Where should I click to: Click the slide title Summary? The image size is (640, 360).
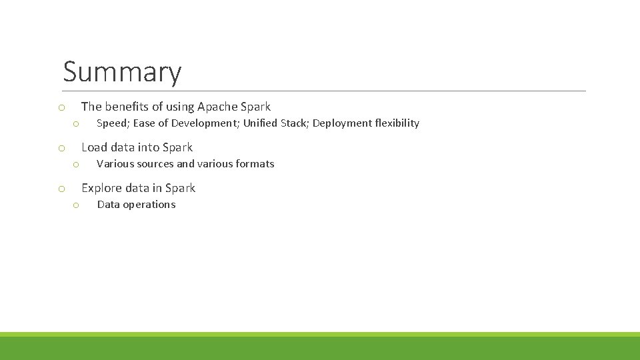pyautogui.click(x=122, y=72)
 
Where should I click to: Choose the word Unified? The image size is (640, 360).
pyautogui.click(x=260, y=123)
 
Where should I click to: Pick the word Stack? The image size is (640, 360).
pyautogui.click(x=294, y=123)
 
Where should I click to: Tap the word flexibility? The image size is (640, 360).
pyautogui.click(x=397, y=123)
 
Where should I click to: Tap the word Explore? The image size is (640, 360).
pyautogui.click(x=101, y=188)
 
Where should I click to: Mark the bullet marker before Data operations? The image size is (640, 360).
pyautogui.click(x=77, y=205)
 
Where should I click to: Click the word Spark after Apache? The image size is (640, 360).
pyautogui.click(x=256, y=107)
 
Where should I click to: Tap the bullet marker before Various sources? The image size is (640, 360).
pyautogui.click(x=77, y=165)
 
